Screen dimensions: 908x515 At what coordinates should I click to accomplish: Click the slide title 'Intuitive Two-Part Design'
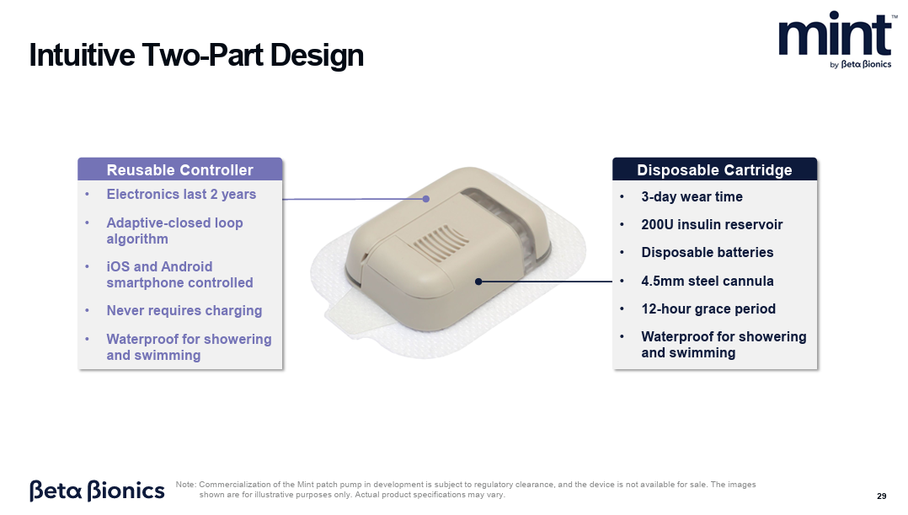click(196, 56)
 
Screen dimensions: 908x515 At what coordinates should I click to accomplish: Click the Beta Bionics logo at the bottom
click(98, 490)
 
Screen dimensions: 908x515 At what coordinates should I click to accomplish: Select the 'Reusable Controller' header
click(180, 169)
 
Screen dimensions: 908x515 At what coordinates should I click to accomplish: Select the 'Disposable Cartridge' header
click(714, 169)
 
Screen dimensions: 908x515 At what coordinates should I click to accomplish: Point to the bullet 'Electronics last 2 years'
click(181, 194)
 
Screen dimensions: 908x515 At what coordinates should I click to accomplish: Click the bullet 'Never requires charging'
click(184, 310)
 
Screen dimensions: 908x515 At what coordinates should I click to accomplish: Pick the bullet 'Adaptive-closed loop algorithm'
click(174, 231)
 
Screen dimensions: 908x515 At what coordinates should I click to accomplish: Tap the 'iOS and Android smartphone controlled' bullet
click(179, 275)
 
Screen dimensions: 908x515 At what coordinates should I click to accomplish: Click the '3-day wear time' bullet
click(692, 197)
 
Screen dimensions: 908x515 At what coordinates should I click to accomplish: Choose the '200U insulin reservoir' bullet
click(712, 225)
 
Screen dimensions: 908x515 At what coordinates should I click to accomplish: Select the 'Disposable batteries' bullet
click(707, 253)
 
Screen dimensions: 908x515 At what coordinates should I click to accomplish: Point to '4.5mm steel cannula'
click(707, 281)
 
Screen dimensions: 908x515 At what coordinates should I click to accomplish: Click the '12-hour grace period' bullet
click(708, 308)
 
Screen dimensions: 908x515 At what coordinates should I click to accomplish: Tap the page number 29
click(881, 496)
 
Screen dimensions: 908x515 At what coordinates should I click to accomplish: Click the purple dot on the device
click(425, 199)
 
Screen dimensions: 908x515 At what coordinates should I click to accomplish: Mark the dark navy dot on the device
click(478, 282)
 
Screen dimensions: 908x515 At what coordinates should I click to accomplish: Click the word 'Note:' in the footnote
click(186, 485)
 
